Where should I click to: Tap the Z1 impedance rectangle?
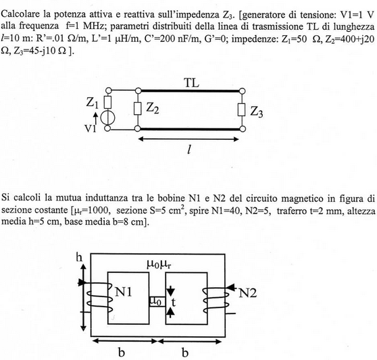click(x=107, y=102)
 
